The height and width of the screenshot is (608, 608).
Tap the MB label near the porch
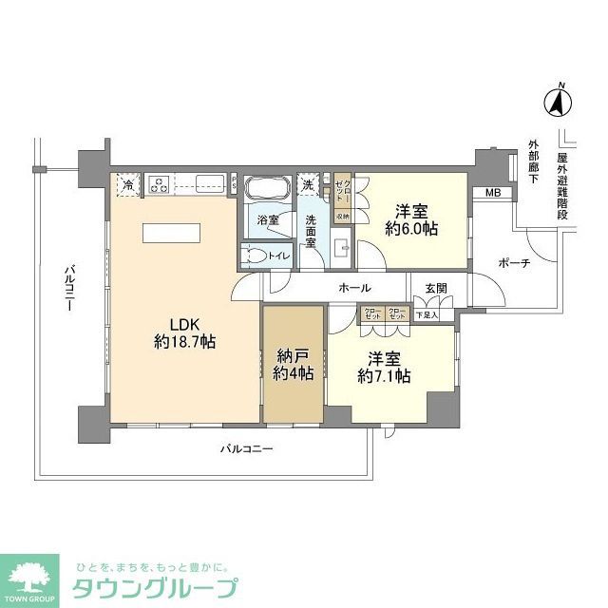[x=492, y=194]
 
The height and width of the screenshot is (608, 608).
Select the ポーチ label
[x=512, y=263]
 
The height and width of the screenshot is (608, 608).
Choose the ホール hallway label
[x=353, y=289]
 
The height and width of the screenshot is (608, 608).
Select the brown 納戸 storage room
[x=292, y=366]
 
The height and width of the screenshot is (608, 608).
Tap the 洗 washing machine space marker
[x=308, y=184]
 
